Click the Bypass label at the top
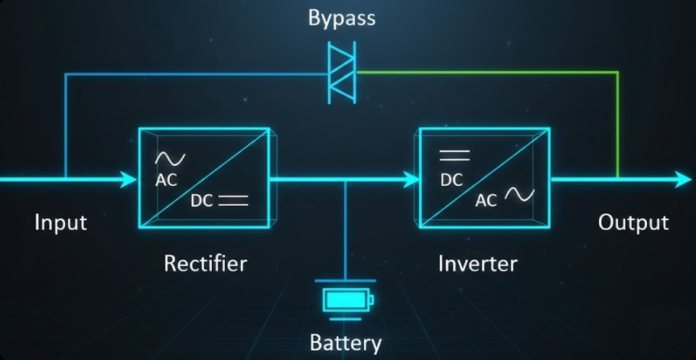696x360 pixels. (342, 18)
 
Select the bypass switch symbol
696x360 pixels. (342, 73)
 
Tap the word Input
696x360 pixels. (60, 222)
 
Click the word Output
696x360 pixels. (633, 222)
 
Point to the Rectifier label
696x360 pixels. (205, 264)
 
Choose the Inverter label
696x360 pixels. (477, 264)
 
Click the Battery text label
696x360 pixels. (345, 342)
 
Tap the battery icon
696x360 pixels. (346, 298)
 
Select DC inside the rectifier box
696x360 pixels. (202, 202)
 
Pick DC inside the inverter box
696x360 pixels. (451, 181)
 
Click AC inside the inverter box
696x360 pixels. (486, 200)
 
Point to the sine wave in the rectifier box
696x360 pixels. (170, 159)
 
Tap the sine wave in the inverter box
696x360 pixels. (519, 195)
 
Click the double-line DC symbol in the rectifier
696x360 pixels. (233, 202)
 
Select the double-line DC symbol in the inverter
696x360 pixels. (454, 156)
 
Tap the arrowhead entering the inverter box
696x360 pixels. (411, 180)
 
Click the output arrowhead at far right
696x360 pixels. (683, 180)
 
